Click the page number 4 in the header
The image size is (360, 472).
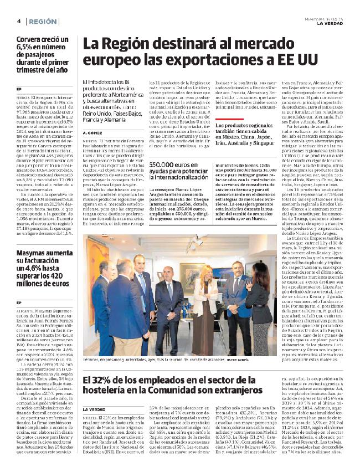click(19, 21)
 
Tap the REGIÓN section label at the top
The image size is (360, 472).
click(43, 21)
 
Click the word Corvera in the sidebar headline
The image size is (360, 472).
click(30, 40)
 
